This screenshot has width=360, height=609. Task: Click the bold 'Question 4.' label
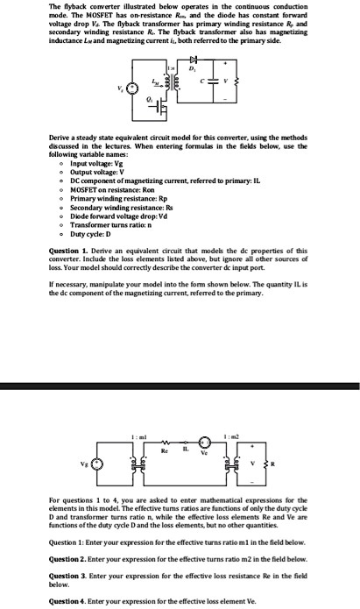(x=71, y=601)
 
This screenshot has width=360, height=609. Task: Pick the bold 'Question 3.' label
(x=71, y=574)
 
